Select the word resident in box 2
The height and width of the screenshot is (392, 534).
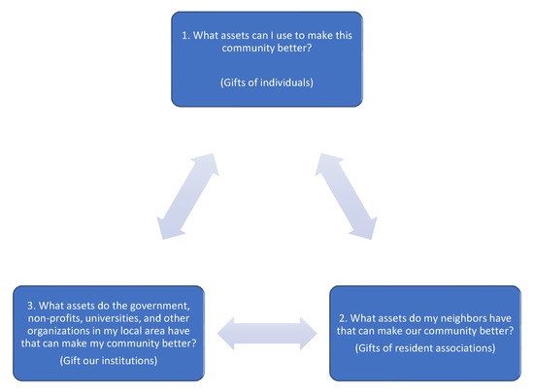(411, 347)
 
